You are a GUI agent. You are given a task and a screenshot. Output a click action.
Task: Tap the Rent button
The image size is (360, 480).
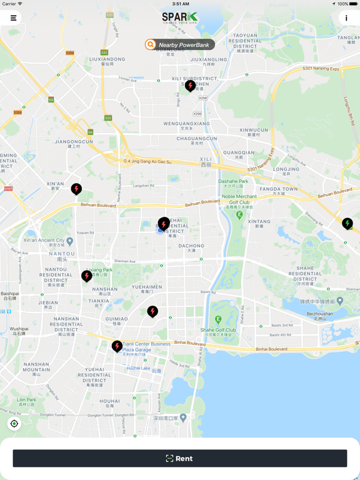pos(180,458)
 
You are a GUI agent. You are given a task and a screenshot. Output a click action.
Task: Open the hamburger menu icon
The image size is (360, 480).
pos(13,18)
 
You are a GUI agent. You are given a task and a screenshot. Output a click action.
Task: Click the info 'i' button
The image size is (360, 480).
pos(346,18)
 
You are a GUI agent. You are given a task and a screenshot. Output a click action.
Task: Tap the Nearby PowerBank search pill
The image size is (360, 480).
pos(180,44)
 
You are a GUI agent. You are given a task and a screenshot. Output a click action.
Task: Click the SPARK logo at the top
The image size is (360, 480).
pos(180,18)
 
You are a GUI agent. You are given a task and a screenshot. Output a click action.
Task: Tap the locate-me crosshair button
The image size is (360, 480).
pos(14,424)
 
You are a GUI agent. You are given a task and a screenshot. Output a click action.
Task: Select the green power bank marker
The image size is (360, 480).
pos(347,223)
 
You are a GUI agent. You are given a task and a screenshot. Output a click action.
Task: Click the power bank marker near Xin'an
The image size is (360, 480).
pos(76,188)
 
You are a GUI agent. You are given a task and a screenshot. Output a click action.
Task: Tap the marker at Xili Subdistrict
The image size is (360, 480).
pos(190,86)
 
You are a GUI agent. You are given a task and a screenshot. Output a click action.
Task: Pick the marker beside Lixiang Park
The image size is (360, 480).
pos(87,275)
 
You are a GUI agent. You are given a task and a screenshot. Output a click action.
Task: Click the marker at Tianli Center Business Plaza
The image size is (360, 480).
pos(117,346)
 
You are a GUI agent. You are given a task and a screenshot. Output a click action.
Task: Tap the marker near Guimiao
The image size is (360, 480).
pos(152,311)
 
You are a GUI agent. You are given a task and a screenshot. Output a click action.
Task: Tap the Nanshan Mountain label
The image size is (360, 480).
pos(36,367)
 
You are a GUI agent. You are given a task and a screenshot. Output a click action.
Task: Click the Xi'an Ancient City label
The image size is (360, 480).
pos(44,241)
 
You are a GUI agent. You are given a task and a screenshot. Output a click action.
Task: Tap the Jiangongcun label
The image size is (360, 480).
pos(74,142)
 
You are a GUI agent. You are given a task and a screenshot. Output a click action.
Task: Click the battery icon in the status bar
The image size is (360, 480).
pos(353,4)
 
